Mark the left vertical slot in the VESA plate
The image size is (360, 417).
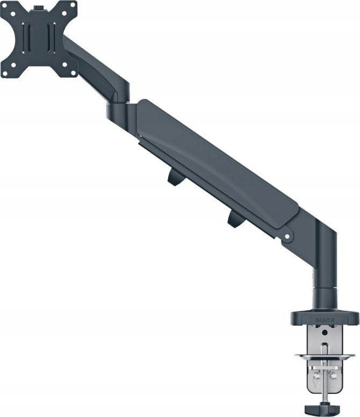pos(26,39)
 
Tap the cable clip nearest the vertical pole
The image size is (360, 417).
pos(235,218)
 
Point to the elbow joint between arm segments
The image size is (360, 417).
pos(118,107)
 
